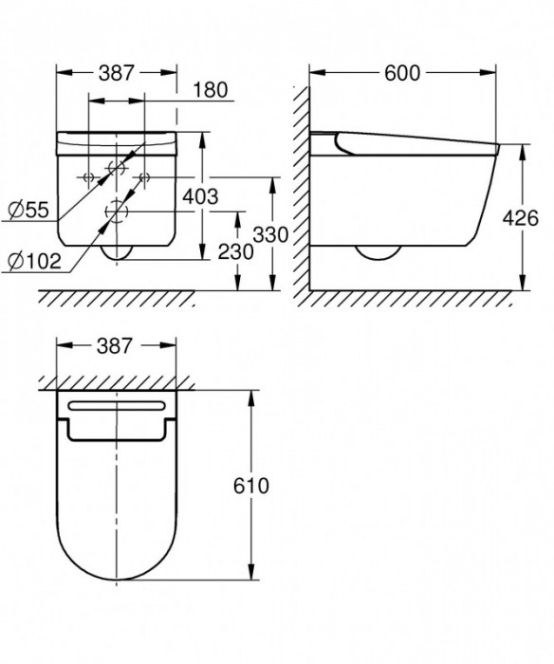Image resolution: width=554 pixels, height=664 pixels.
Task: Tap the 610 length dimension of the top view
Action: (251, 485)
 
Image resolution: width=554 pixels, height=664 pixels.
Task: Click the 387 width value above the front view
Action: (118, 72)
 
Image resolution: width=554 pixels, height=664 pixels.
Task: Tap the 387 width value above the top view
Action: (118, 347)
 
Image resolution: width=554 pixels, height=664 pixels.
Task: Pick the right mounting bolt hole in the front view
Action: (144, 177)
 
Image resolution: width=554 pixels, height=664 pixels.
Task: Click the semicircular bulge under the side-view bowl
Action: (379, 253)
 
